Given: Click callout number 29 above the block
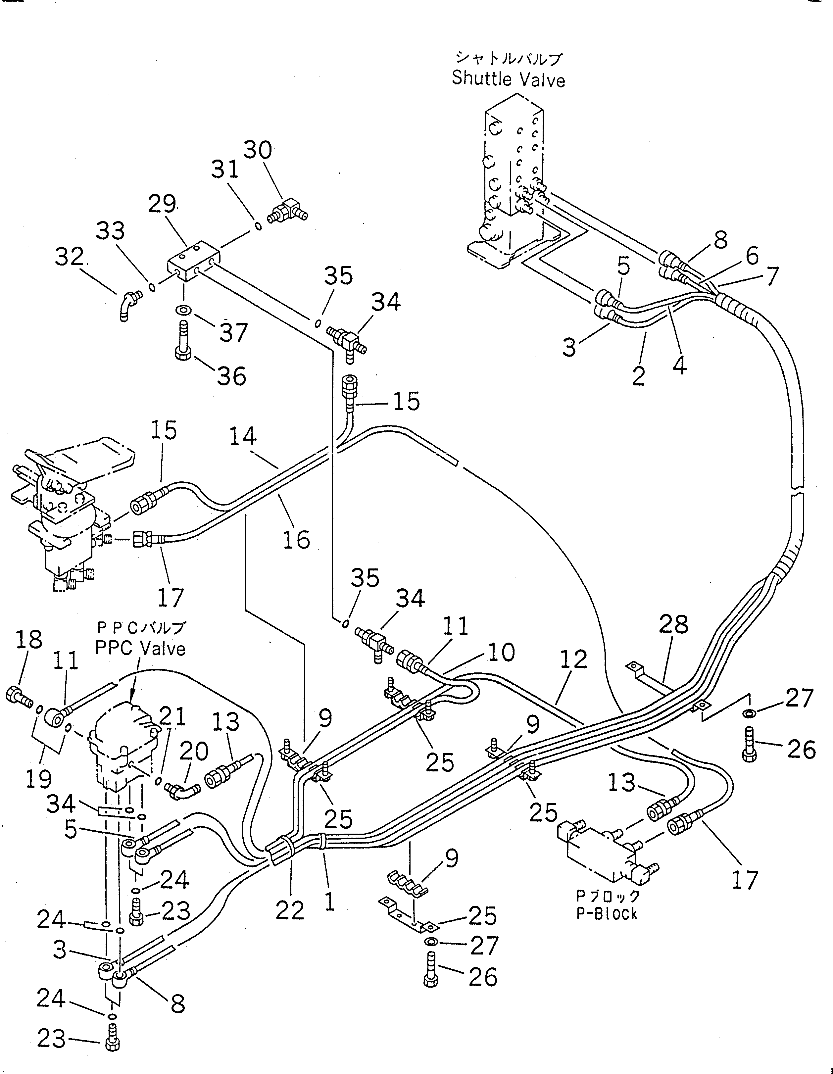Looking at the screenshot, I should pyautogui.click(x=162, y=204).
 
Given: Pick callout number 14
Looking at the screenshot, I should pyautogui.click(x=242, y=436).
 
